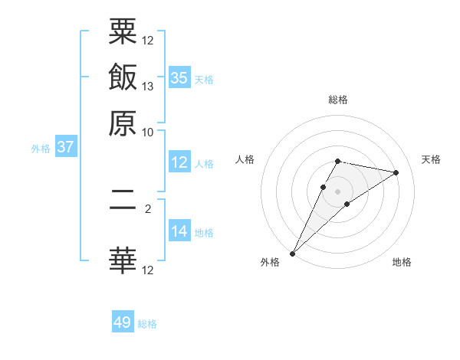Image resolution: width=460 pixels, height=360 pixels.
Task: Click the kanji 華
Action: click(123, 260)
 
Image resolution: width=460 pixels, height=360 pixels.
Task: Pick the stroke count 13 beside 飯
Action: click(149, 86)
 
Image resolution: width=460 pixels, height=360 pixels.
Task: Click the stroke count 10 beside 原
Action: click(149, 132)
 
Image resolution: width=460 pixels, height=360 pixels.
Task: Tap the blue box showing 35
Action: click(179, 78)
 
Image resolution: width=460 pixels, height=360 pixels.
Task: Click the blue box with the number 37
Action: click(65, 148)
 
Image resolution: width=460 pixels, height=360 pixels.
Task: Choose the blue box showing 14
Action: click(179, 232)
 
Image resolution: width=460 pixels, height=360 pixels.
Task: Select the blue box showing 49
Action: click(123, 323)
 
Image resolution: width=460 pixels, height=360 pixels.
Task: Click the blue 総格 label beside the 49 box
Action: click(147, 324)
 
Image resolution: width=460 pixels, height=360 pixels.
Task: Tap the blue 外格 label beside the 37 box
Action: click(41, 149)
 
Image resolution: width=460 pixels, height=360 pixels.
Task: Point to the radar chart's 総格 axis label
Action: click(338, 100)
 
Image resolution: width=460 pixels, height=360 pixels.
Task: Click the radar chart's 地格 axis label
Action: click(402, 263)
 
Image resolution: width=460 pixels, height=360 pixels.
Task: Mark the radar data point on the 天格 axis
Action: click(396, 172)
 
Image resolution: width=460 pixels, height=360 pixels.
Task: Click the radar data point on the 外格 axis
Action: click(292, 254)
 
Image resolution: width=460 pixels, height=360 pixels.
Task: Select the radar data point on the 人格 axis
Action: click(324, 186)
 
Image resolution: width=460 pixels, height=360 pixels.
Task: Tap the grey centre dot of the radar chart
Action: click(338, 191)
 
